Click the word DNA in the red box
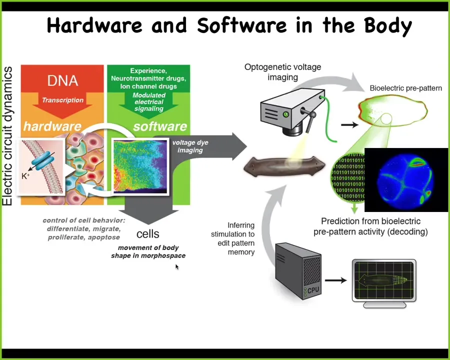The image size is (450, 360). (x=62, y=80)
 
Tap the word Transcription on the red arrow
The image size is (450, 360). (x=62, y=100)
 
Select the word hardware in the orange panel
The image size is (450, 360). (x=52, y=126)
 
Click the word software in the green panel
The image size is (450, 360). (x=160, y=126)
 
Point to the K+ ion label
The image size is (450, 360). (x=25, y=176)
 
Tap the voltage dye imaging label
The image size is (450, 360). (x=190, y=146)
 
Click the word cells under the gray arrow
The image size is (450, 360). (x=148, y=234)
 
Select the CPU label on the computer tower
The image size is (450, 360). (x=313, y=290)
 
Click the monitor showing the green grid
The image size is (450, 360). (x=384, y=283)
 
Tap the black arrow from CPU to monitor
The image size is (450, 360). (x=336, y=280)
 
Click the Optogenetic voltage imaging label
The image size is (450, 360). (x=282, y=72)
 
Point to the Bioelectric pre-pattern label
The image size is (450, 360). (x=406, y=88)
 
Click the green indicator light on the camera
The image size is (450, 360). (x=286, y=114)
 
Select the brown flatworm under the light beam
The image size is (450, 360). (x=284, y=166)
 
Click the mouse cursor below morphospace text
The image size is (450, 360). (x=177, y=267)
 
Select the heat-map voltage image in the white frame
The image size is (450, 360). (x=140, y=166)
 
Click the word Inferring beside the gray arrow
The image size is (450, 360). (x=241, y=225)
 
